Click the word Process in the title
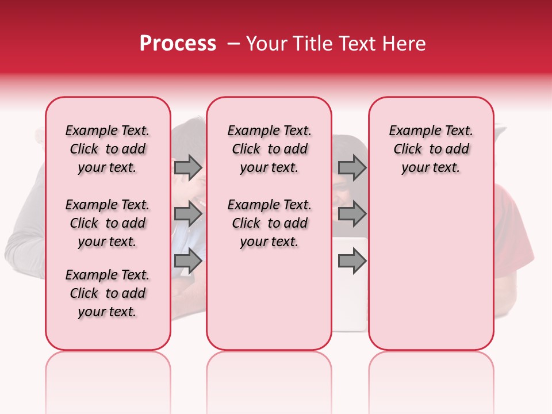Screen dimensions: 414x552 178,44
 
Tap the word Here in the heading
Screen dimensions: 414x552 404,44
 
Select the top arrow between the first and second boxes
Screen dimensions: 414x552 188,167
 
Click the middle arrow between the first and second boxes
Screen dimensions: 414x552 188,214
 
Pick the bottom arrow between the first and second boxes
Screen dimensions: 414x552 188,260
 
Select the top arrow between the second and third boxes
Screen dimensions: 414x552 352,167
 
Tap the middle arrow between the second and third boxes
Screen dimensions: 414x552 352,214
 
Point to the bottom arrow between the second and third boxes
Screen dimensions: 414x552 352,260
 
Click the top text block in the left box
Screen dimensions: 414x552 108,149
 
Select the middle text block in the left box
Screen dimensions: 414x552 108,223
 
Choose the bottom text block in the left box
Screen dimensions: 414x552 108,293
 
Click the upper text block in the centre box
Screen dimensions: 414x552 270,149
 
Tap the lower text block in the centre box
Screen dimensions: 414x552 270,223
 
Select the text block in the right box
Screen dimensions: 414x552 431,149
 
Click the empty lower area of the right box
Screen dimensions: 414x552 431,270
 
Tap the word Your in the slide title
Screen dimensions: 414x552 266,44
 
